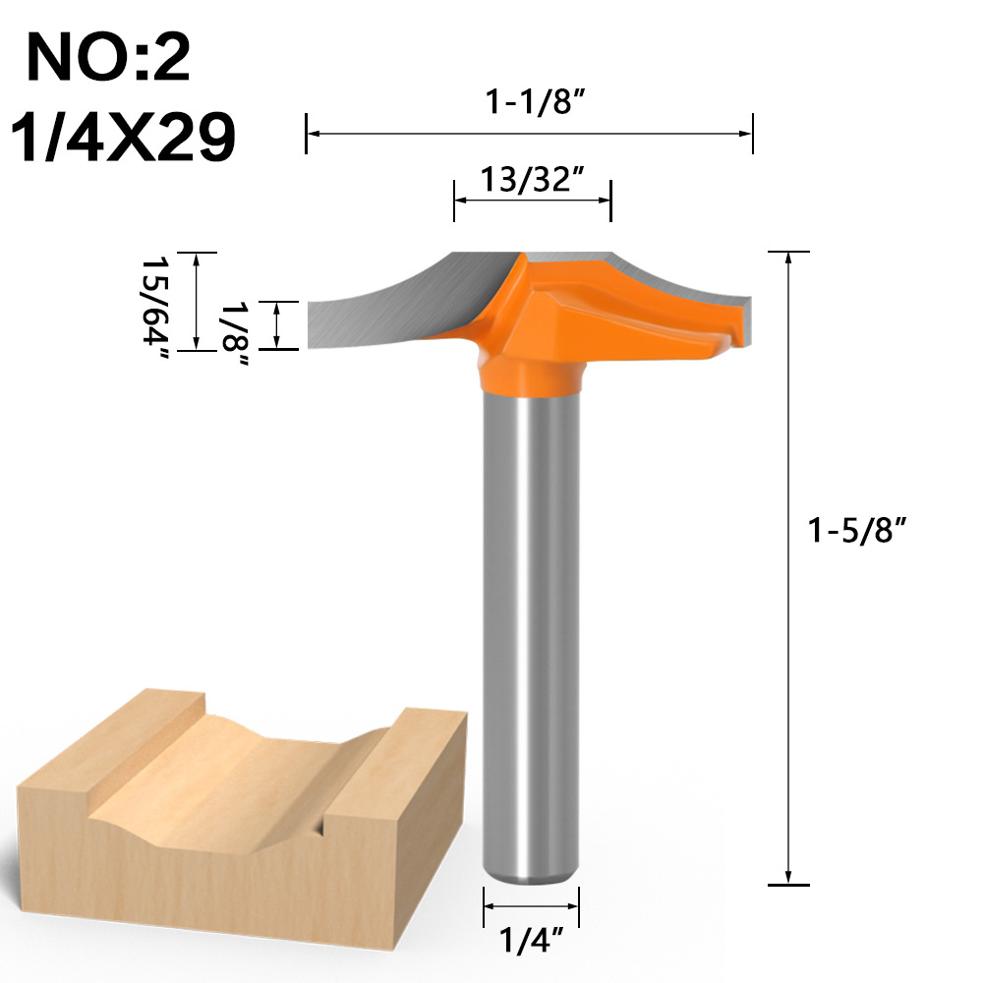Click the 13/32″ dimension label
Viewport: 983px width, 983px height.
point(532,179)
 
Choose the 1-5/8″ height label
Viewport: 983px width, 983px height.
point(855,531)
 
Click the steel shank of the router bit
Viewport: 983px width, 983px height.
point(530,629)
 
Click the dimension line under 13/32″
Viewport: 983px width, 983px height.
point(532,201)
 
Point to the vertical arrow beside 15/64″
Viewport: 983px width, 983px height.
point(198,301)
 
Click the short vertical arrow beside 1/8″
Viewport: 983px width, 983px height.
point(279,324)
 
